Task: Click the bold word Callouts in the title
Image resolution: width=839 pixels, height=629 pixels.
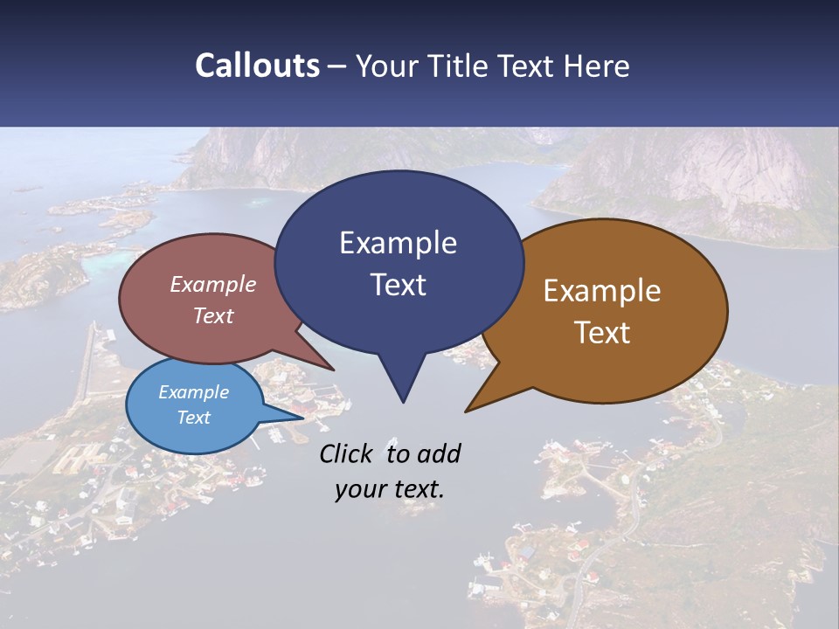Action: pyautogui.click(x=257, y=66)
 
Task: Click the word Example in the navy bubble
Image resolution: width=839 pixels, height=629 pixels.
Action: pyautogui.click(x=398, y=243)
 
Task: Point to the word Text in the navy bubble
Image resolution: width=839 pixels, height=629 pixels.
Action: pyautogui.click(x=398, y=284)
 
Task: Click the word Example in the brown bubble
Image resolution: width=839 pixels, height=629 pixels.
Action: pyautogui.click(x=602, y=291)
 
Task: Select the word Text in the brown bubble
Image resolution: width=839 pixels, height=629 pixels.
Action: pyautogui.click(x=602, y=332)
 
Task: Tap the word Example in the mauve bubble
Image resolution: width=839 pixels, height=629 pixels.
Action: pyautogui.click(x=213, y=284)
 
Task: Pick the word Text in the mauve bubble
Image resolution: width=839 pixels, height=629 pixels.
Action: pyautogui.click(x=213, y=315)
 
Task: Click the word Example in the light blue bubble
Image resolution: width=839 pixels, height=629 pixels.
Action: pyautogui.click(x=193, y=392)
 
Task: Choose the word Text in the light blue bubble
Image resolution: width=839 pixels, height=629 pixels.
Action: pyautogui.click(x=193, y=418)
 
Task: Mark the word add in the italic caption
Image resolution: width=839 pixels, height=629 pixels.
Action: pyautogui.click(x=439, y=453)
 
